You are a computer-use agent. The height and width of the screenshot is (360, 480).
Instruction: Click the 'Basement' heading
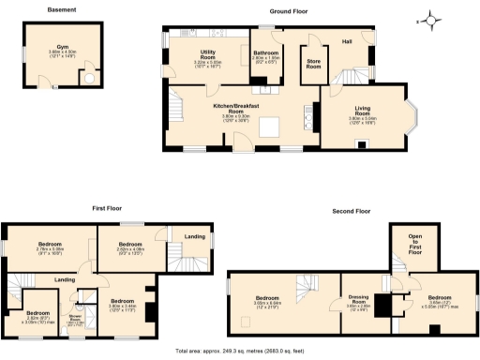tap(62, 10)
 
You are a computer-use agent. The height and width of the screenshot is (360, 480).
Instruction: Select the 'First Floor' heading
tap(107, 210)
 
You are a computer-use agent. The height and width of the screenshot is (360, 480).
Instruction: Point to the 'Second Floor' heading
tap(352, 211)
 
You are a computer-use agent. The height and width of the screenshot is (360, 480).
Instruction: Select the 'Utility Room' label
tap(209, 56)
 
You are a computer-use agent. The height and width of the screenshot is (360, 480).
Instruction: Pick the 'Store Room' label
tap(314, 65)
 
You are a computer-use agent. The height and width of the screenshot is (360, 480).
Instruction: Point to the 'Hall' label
tap(347, 42)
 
